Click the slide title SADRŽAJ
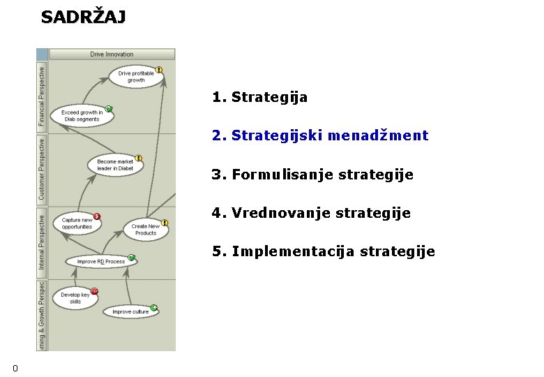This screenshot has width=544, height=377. coord(84,17)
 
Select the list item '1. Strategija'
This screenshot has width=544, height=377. coord(260,97)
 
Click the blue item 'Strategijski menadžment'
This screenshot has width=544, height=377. coord(330,135)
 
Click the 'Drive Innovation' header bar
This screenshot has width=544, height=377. coord(112,54)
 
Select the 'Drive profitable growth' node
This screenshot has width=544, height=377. coord(136,77)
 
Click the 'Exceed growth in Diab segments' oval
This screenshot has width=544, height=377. coord(82,116)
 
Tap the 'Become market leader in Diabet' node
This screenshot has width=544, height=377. coord(115,165)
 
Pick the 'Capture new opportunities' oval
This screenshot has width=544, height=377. coord(77,223)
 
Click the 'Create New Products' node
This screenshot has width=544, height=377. coord(145,229)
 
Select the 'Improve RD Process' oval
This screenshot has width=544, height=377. coord(101,262)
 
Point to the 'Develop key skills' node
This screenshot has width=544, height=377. coord(75,298)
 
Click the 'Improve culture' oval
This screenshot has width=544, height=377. coord(130,311)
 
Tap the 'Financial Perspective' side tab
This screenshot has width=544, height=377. coord(41,96)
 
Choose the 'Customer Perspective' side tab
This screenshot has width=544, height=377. coord(41,169)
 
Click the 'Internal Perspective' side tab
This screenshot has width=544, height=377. coord(41,242)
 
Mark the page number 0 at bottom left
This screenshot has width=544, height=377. coord(15,368)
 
